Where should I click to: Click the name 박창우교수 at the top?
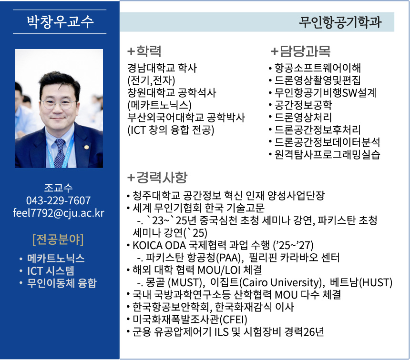pos(60,22)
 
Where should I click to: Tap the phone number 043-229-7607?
pos(59,200)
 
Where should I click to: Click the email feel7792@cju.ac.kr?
pos(59,213)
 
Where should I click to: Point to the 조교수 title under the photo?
pos(59,188)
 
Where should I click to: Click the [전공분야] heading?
pos(58,238)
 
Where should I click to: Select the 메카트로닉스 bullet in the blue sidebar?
pos(56,259)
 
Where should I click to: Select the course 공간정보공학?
pos(303,105)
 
